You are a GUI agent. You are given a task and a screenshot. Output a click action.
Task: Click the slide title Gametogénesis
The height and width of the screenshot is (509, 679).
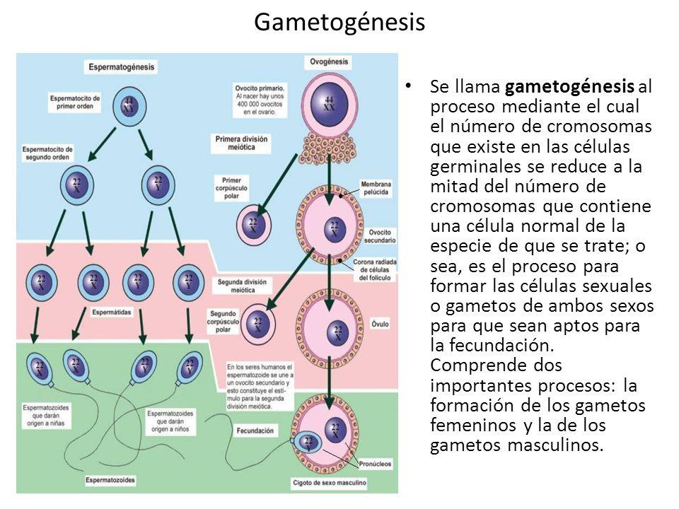(x=339, y=23)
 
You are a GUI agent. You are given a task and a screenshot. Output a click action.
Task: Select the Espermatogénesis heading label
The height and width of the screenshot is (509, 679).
(x=122, y=67)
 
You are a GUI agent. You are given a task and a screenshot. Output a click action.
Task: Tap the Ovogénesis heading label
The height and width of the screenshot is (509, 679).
(x=327, y=62)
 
